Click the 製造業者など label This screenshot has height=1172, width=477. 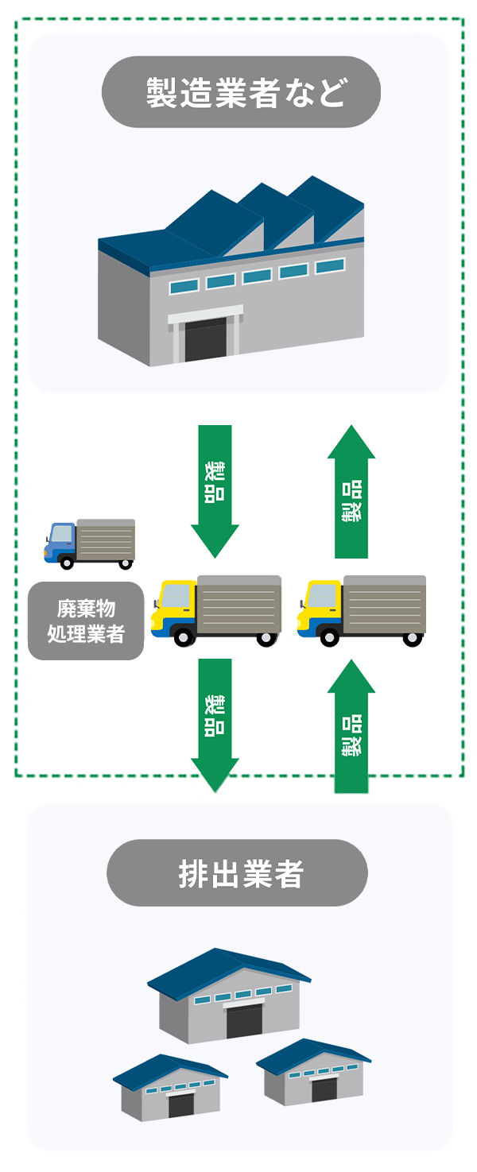(x=241, y=92)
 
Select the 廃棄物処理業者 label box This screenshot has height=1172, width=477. (x=86, y=621)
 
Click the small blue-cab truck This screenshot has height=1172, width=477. (x=89, y=543)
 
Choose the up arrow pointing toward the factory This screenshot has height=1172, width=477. (x=351, y=493)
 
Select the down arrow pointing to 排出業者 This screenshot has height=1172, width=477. (x=215, y=723)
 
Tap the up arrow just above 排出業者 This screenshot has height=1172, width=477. (x=351, y=727)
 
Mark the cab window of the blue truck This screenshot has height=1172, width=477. (x=60, y=533)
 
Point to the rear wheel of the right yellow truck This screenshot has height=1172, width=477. (x=412, y=636)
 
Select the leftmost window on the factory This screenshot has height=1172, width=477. (x=184, y=286)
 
